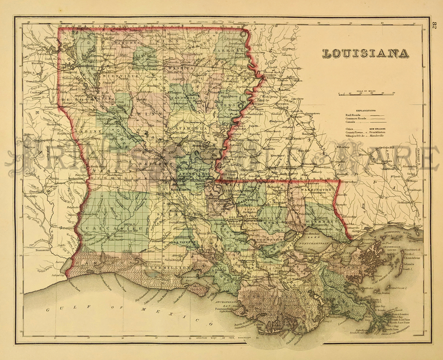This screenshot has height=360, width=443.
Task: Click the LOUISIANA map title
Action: click(x=365, y=53)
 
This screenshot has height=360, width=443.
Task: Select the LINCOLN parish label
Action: click(x=145, y=58)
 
